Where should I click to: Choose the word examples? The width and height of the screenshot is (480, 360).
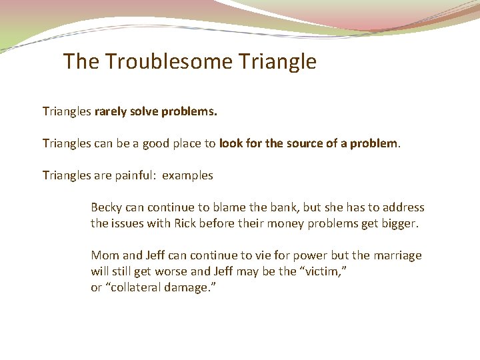tap(188, 175)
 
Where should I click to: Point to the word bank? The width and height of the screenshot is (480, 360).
tap(265, 207)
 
